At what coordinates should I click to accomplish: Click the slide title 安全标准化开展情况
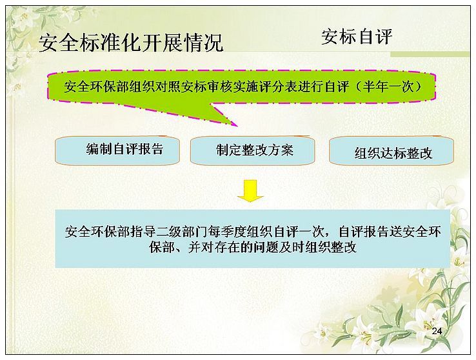tap(131, 43)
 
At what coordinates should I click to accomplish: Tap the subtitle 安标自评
tap(357, 37)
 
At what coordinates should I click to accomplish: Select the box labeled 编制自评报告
tap(117, 150)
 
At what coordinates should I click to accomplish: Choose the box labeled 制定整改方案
tap(252, 151)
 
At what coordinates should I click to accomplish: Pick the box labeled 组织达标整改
tap(392, 151)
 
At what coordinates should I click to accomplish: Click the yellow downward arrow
tap(250, 190)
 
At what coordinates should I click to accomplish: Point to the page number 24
tap(437, 331)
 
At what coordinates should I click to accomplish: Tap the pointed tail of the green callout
tap(236, 125)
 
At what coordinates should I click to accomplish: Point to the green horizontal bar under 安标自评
tap(430, 54)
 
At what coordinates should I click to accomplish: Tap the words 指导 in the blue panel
tap(143, 232)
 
